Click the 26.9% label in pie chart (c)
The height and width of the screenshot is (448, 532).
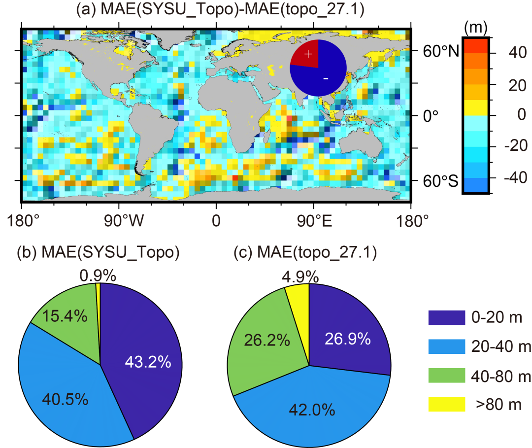347,339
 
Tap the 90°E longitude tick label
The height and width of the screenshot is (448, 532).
313,221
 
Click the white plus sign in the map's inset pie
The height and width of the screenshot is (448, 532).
308,53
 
